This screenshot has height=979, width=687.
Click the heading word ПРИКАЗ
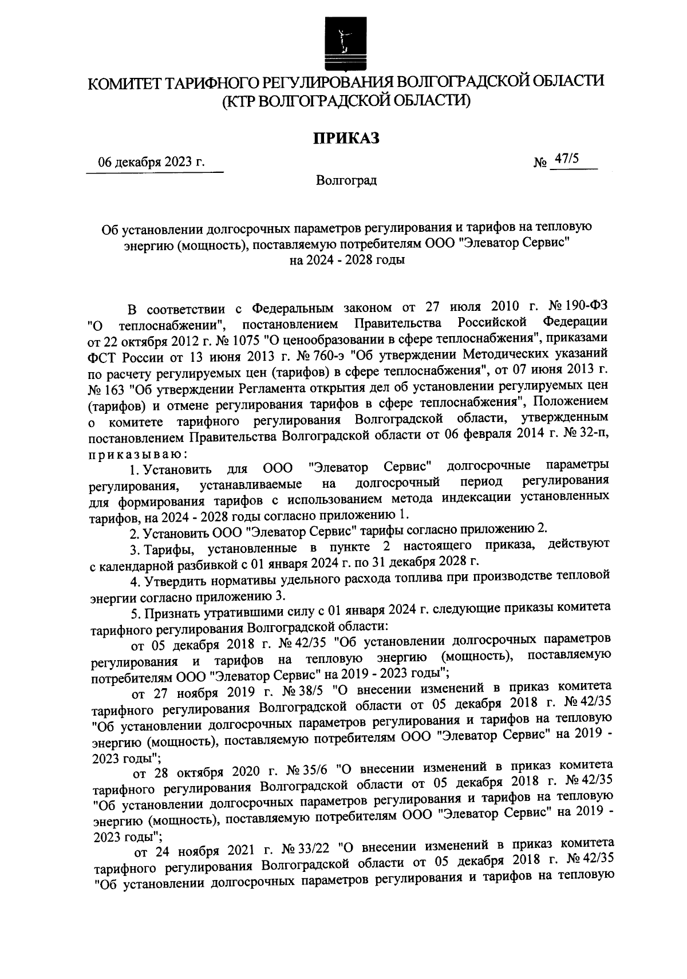(346, 138)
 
